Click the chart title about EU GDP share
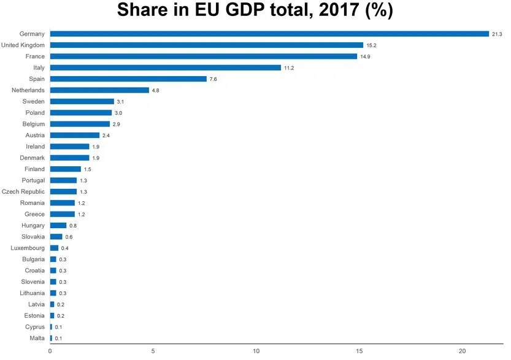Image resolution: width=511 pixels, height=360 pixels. (255, 10)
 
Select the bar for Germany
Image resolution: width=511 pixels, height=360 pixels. (269, 34)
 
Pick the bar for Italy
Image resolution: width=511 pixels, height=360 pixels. (165, 67)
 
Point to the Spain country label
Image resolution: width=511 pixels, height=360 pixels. (37, 79)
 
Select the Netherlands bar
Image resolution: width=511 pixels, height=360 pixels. (99, 90)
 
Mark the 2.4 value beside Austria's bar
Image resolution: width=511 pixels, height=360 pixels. (106, 136)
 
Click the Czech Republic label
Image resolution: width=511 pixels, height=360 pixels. (23, 192)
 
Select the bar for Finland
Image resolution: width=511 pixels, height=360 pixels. (65, 169)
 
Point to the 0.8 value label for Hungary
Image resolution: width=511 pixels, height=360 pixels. (73, 226)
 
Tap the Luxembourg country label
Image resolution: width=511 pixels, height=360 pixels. (28, 248)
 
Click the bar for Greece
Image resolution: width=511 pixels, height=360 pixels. (62, 214)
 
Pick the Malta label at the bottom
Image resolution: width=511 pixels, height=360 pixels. (37, 338)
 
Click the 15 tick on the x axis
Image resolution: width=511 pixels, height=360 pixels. (359, 351)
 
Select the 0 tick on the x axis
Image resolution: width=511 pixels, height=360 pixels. (50, 351)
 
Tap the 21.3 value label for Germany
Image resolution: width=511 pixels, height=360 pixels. (496, 34)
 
